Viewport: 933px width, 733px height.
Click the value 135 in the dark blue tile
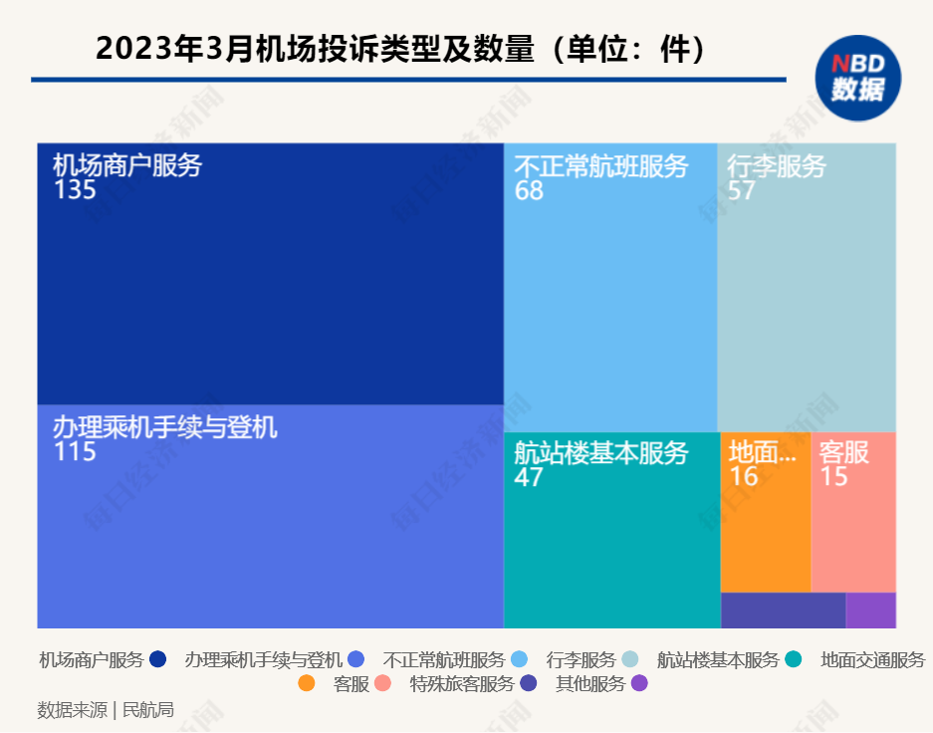click(75, 189)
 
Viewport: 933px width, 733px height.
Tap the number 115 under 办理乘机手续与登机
click(75, 452)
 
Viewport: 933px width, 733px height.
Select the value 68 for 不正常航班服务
click(529, 191)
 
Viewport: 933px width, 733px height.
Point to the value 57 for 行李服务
click(741, 191)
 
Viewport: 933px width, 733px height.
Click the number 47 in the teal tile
click(529, 477)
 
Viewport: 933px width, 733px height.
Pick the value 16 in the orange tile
click(744, 477)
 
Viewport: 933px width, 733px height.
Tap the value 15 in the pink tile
click(833, 477)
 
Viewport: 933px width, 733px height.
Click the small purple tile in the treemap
click(870, 611)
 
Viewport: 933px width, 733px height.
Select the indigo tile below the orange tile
click(783, 611)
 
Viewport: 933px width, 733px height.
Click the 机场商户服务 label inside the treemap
click(127, 164)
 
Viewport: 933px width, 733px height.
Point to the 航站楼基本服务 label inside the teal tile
click(600, 453)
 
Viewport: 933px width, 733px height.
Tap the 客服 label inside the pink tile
click(843, 453)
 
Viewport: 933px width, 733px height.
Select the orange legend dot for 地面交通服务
click(307, 684)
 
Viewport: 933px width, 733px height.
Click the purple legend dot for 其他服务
click(639, 684)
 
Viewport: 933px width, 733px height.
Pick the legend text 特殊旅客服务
click(462, 684)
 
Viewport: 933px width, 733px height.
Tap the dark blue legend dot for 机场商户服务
click(157, 659)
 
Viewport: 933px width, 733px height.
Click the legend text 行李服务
click(582, 659)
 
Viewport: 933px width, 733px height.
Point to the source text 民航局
click(147, 710)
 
